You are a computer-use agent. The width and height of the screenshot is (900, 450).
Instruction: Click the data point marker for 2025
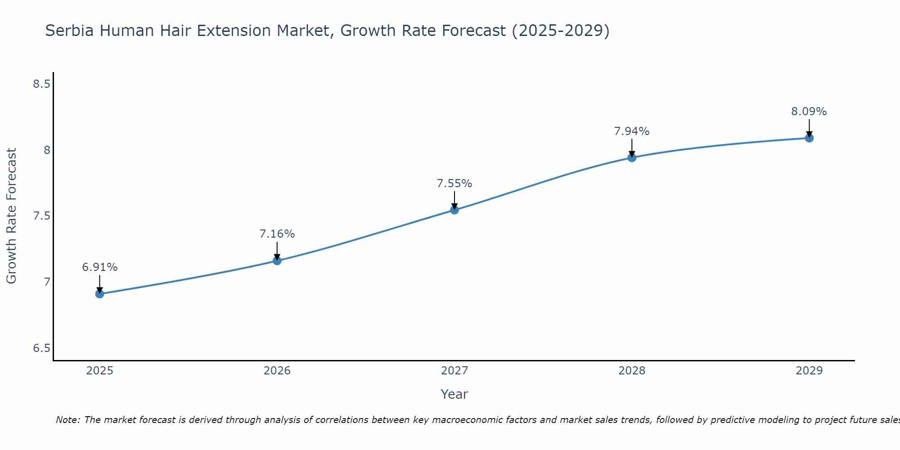(99, 294)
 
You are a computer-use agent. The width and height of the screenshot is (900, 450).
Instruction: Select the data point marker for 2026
(277, 261)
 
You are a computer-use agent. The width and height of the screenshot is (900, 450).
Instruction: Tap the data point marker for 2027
(454, 210)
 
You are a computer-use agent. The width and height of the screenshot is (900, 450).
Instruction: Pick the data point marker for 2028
(631, 157)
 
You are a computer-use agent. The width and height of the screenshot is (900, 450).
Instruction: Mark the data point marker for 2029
(809, 138)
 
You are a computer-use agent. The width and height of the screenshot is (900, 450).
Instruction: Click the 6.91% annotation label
(99, 267)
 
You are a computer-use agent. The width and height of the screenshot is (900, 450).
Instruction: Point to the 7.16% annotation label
(277, 234)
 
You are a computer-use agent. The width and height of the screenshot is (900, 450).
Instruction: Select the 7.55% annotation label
(454, 184)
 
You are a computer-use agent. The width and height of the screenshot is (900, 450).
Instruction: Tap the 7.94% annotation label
(631, 131)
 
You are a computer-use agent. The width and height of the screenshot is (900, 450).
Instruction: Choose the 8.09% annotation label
(809, 112)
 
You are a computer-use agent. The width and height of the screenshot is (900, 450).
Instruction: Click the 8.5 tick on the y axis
(41, 84)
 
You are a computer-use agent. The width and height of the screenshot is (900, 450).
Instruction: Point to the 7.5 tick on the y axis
(41, 216)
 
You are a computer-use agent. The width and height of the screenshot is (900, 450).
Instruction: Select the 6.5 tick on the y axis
(41, 348)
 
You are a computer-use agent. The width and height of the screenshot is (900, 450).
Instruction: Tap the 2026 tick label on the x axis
(277, 371)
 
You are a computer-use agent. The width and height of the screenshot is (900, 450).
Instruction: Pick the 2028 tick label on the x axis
(631, 371)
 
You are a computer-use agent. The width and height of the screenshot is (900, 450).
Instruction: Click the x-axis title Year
(454, 394)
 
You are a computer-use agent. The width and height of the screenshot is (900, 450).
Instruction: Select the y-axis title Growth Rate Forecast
(11, 216)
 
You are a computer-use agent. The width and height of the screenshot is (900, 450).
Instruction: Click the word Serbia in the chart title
(70, 31)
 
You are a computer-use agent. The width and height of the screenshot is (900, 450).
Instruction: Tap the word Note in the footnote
(67, 420)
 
